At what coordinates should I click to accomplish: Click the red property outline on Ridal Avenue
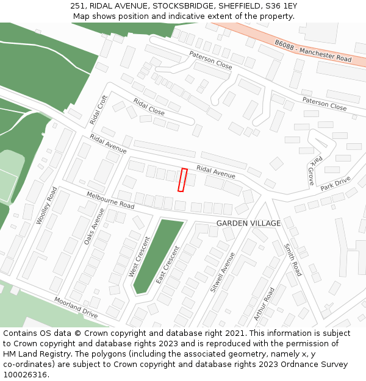(x=182, y=180)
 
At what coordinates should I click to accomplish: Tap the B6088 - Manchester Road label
(x=313, y=52)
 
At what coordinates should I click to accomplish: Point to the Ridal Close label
(x=149, y=107)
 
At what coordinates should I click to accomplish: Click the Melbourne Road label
(x=110, y=201)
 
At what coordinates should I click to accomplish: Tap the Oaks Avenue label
(x=94, y=226)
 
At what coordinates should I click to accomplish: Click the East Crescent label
(x=167, y=265)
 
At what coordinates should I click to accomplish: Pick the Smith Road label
(x=293, y=260)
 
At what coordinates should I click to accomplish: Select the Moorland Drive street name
(x=76, y=308)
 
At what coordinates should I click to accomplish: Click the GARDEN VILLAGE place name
(x=248, y=223)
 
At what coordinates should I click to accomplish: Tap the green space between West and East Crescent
(x=157, y=256)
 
